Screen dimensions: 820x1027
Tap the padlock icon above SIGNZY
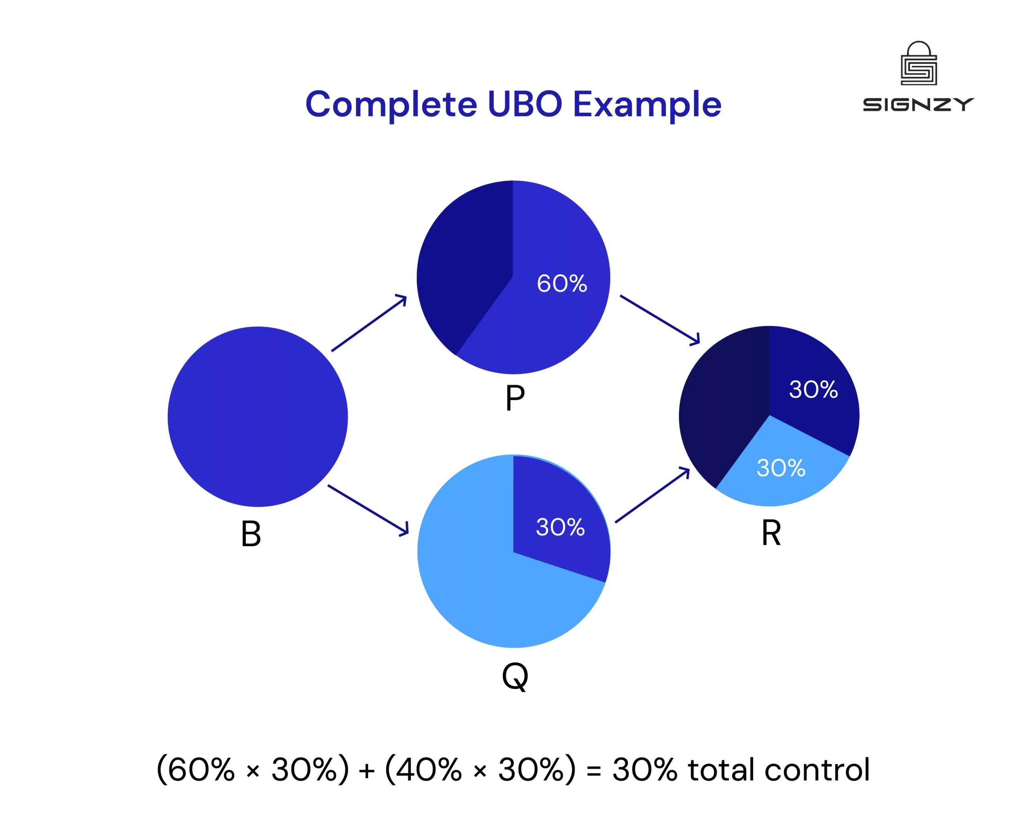[919, 64]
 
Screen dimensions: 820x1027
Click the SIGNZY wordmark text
[918, 105]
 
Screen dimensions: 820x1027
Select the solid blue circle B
[258, 417]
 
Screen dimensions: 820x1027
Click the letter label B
[251, 534]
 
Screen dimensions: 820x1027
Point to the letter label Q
[515, 677]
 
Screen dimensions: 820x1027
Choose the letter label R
[771, 533]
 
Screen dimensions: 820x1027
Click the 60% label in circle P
[562, 283]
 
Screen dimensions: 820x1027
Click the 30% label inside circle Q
[560, 527]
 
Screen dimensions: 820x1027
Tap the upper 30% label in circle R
[813, 389]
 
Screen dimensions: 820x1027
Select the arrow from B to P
[369, 323]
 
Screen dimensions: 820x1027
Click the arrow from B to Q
[368, 510]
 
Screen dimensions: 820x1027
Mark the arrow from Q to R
[653, 496]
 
